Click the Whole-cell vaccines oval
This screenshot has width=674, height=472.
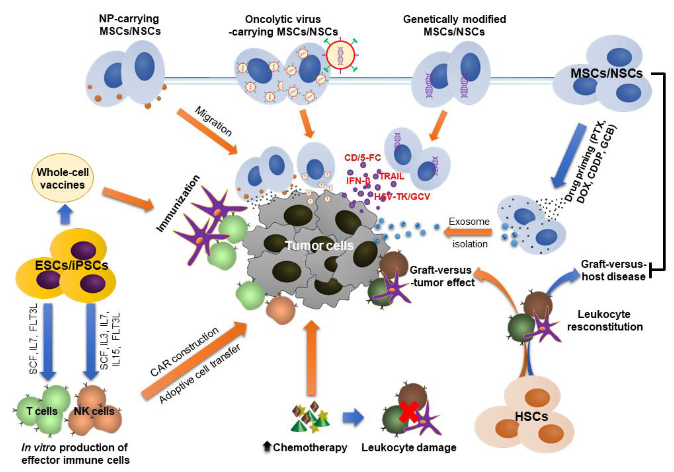click(x=62, y=178)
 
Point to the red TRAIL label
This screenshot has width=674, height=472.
click(x=392, y=176)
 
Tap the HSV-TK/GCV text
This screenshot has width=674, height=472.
click(x=402, y=196)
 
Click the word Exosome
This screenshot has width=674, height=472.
click(x=469, y=221)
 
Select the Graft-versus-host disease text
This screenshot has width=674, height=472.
click(x=614, y=270)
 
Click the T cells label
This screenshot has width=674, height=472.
click(x=42, y=411)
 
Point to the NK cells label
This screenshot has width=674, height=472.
click(x=94, y=411)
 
